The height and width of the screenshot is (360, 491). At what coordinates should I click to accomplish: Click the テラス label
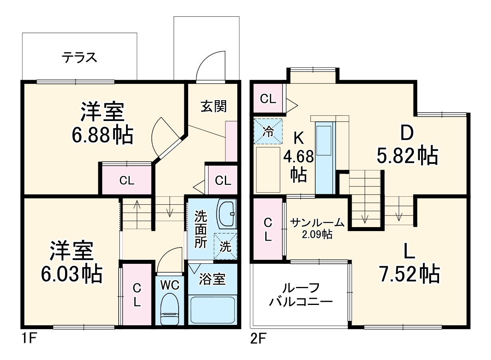point(80,57)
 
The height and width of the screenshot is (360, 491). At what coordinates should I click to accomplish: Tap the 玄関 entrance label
point(213,106)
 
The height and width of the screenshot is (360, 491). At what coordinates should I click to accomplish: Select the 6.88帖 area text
point(102,136)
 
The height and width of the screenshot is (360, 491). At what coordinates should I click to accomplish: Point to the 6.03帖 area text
point(72,273)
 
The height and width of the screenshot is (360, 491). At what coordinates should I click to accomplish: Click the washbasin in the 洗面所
point(226,214)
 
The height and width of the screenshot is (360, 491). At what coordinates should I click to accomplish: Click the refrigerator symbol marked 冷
point(268,131)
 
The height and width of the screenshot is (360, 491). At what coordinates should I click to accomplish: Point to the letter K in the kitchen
point(298,138)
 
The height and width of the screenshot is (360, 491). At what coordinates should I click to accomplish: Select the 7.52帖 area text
point(409,274)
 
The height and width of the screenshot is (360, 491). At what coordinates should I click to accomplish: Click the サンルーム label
point(317,222)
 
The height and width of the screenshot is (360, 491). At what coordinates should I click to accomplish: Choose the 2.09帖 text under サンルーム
point(317,234)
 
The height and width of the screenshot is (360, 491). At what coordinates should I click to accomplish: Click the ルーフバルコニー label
point(300,294)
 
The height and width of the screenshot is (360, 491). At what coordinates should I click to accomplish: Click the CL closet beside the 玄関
point(223,180)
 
